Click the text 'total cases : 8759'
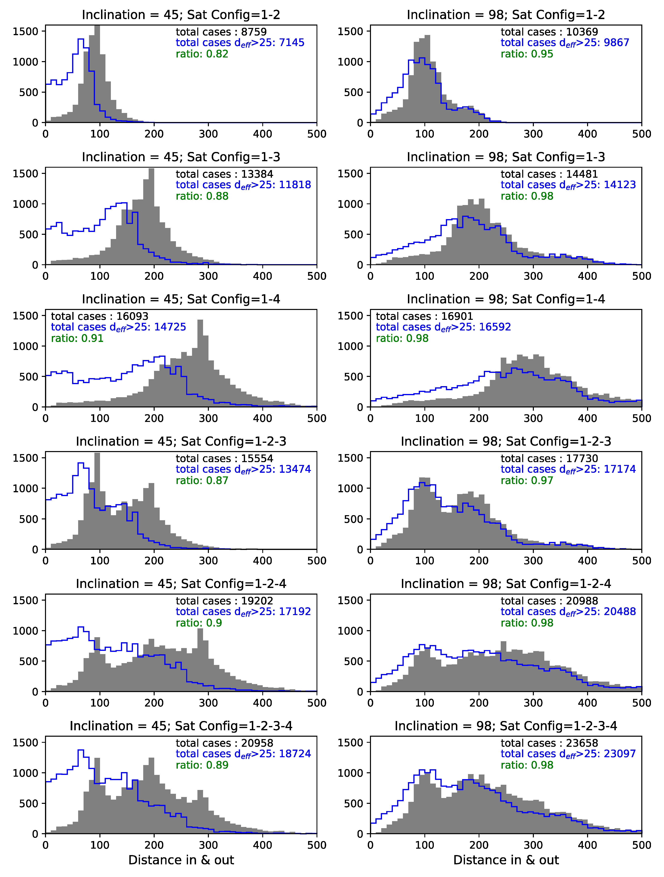click(221, 32)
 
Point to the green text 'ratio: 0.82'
click(202, 54)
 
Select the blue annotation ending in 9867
click(565, 43)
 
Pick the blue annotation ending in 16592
click(443, 327)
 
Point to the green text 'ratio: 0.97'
click(527, 481)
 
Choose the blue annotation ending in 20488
click(568, 612)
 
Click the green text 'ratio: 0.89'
click(202, 765)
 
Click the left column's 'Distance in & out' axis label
click(181, 860)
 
